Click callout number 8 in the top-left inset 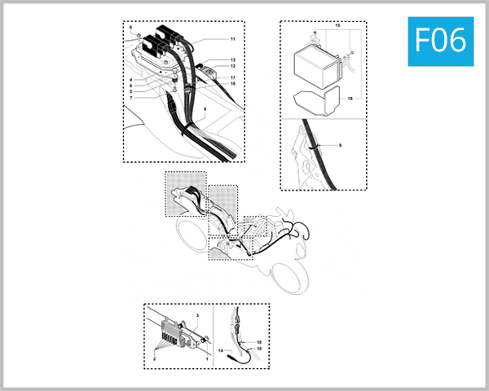click(x=130, y=28)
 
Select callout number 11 click(x=232, y=39)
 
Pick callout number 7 click(x=130, y=97)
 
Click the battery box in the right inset click(x=315, y=64)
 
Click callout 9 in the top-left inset click(x=205, y=108)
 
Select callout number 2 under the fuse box click(x=153, y=357)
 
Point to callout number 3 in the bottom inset click(x=197, y=314)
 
